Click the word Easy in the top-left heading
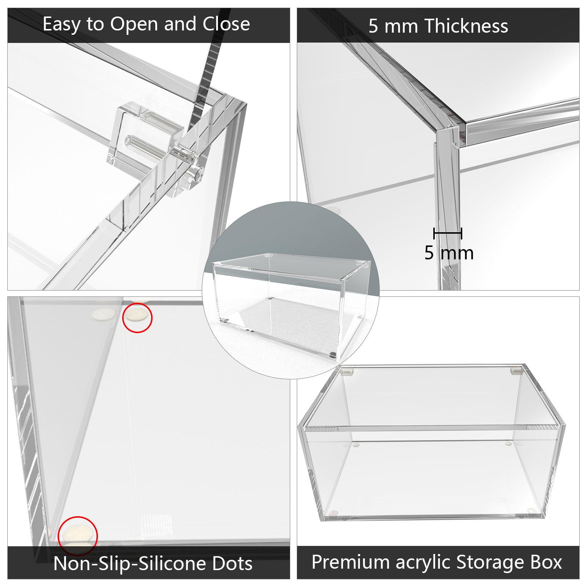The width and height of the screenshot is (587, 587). point(62,25)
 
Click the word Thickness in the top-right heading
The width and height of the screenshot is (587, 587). point(466,26)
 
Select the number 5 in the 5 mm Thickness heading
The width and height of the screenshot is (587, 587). point(373,26)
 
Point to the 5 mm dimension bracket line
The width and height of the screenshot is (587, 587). point(448,233)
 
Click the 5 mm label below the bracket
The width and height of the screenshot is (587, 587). point(449,253)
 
